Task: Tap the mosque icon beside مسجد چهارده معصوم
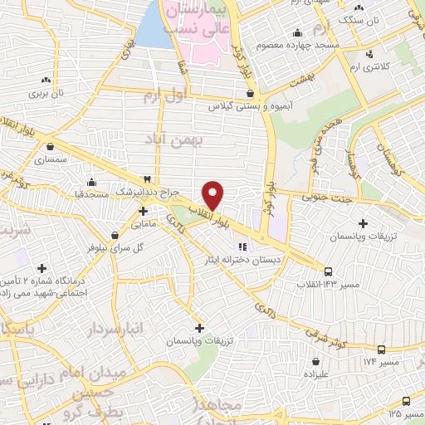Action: pos(297,33)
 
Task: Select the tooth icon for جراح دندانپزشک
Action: pos(147,179)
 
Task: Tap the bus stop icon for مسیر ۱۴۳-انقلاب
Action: pos(328,271)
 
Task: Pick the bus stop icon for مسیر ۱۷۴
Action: pos(381,349)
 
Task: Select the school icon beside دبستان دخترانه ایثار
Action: pos(243,246)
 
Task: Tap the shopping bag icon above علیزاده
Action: pos(318,361)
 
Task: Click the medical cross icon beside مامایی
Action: pos(144,211)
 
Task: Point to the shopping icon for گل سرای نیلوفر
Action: pos(115,235)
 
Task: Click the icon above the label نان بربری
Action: pos(46,81)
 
